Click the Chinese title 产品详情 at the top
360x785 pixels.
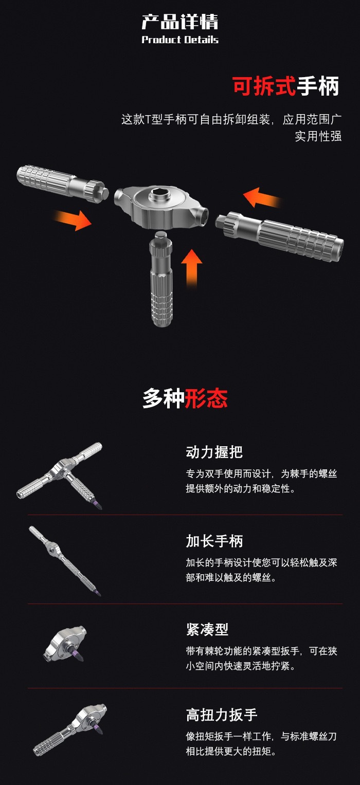[x=180, y=22]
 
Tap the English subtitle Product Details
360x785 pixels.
[x=180, y=40]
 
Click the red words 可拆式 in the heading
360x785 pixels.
[x=264, y=86]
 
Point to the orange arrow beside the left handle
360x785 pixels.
[x=73, y=220]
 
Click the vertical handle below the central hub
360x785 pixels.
[x=161, y=279]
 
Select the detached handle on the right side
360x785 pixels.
[x=279, y=235]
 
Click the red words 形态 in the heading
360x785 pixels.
[x=206, y=398]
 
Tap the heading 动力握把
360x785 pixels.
[x=214, y=452]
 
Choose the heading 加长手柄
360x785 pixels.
[x=214, y=541]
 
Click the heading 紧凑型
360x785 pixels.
[x=207, y=629]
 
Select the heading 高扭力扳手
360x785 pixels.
[x=222, y=715]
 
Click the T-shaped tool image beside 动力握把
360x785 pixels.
[x=60, y=475]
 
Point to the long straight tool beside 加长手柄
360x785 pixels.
[x=65, y=561]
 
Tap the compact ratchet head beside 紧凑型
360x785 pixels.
[x=65, y=644]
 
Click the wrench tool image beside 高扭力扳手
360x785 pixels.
[x=70, y=729]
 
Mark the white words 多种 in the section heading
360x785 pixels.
[x=164, y=398]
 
